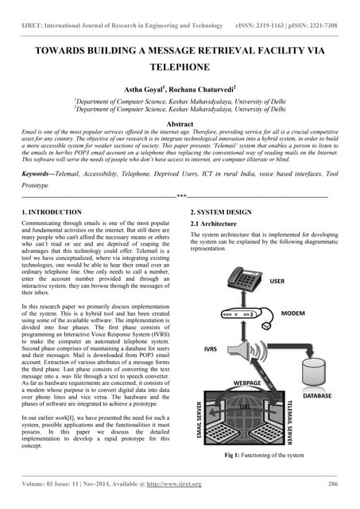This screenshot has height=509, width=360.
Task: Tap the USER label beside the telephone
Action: click(x=277, y=281)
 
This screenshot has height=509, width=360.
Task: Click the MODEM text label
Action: click(x=295, y=313)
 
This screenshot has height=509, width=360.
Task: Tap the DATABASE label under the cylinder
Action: click(x=317, y=394)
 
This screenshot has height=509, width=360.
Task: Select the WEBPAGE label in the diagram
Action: click(x=248, y=383)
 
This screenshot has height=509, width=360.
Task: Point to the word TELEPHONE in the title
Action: click(x=180, y=69)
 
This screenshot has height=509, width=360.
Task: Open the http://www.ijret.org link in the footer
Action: click(x=173, y=484)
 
